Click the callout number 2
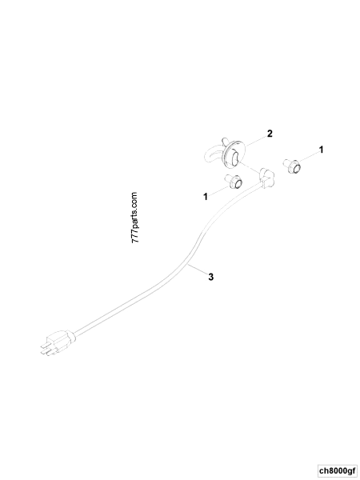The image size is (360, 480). pyautogui.click(x=270, y=133)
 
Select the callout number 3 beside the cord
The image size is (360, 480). pyautogui.click(x=210, y=278)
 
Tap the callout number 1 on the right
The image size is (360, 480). pyautogui.click(x=322, y=149)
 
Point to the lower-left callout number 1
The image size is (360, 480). pyautogui.click(x=206, y=194)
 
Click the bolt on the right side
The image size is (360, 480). pyautogui.click(x=291, y=169)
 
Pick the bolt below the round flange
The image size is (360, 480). pyautogui.click(x=234, y=182)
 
